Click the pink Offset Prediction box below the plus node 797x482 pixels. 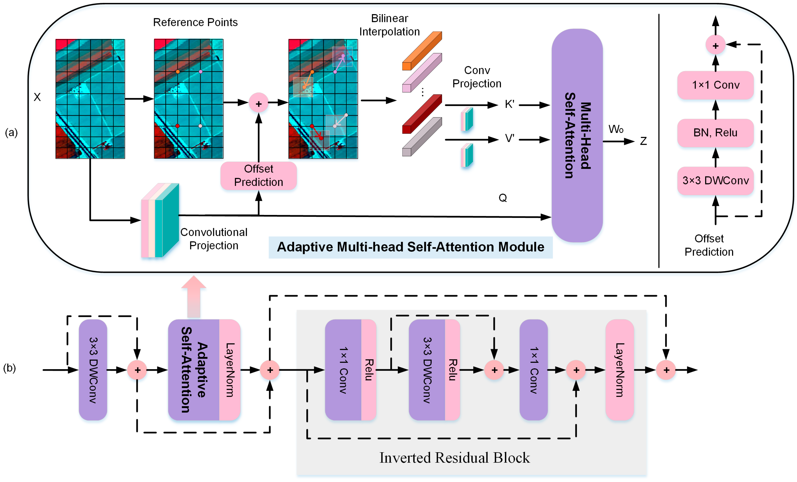pos(258,175)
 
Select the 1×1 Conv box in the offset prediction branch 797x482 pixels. pos(715,85)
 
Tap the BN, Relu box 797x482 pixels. pos(715,133)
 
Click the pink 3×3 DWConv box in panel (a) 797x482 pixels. pos(715,181)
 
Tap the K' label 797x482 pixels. pos(509,104)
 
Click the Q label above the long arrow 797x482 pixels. pos(502,198)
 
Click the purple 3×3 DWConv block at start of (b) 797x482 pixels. pos(93,370)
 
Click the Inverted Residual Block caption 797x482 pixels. pos(454,458)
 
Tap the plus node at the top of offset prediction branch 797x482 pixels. pos(715,45)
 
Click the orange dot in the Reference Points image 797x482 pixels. pos(178,72)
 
